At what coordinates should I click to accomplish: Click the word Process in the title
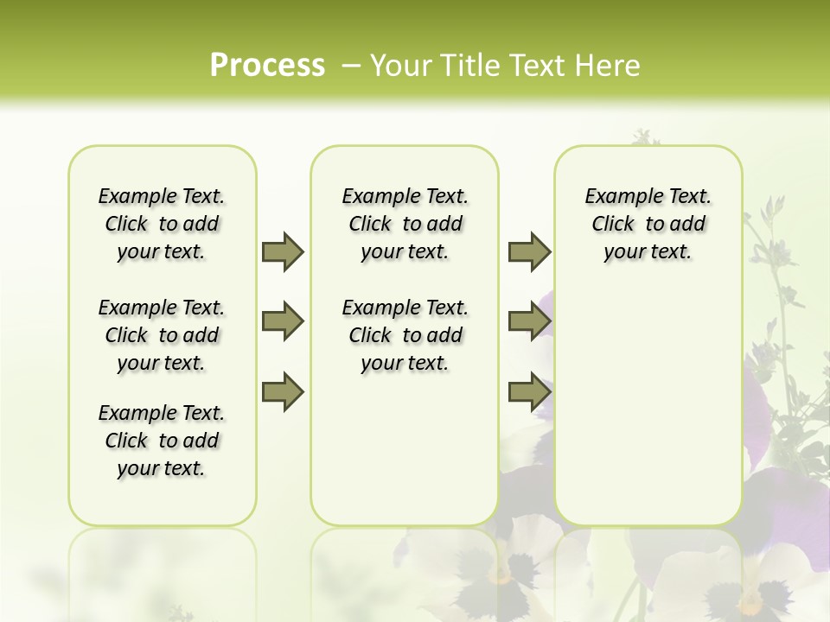pyautogui.click(x=267, y=66)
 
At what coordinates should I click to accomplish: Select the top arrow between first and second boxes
pyautogui.click(x=283, y=251)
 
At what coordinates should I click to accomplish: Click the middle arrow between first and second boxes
pyautogui.click(x=283, y=321)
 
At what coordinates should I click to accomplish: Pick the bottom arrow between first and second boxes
pyautogui.click(x=283, y=392)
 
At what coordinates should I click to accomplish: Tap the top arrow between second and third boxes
pyautogui.click(x=529, y=251)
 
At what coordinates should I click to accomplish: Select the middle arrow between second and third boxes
pyautogui.click(x=529, y=321)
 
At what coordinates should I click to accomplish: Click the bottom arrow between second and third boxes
pyautogui.click(x=529, y=392)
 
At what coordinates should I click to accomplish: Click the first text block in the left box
pyautogui.click(x=162, y=224)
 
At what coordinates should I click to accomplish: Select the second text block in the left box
pyautogui.click(x=162, y=335)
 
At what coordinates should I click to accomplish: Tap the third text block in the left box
pyautogui.click(x=162, y=441)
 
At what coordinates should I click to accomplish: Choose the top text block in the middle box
pyautogui.click(x=405, y=224)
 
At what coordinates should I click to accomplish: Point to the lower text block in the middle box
pyautogui.click(x=405, y=335)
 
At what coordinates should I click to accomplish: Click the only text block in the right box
pyautogui.click(x=648, y=224)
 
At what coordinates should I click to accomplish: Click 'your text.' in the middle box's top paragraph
pyautogui.click(x=405, y=252)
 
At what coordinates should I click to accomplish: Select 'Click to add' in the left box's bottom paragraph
pyautogui.click(x=162, y=441)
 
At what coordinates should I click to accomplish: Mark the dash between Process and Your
pyautogui.click(x=351, y=66)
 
